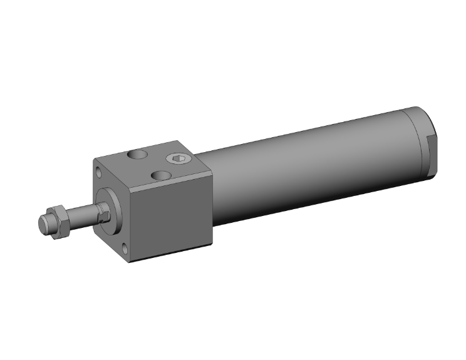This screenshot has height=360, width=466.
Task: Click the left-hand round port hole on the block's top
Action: coord(137,154)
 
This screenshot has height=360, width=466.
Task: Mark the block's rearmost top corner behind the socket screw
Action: coord(180,141)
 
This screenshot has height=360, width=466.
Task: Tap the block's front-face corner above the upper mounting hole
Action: coord(93,157)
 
